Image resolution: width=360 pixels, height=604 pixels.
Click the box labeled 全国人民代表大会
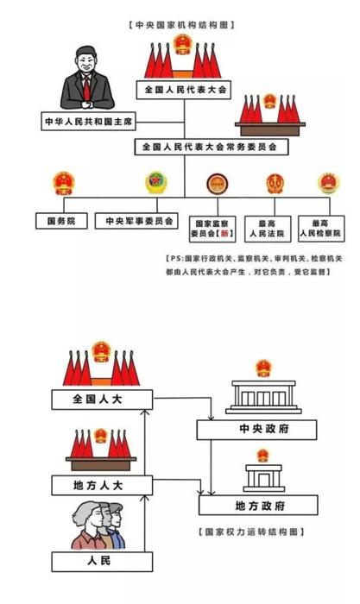(x=184, y=90)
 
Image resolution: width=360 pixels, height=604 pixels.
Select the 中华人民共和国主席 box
(x=89, y=122)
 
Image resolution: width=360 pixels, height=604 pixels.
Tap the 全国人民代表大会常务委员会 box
(x=212, y=147)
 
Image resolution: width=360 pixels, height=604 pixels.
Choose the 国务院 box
(x=61, y=221)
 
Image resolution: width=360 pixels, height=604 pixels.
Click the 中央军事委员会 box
(x=136, y=221)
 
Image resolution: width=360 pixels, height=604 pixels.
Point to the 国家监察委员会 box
(x=212, y=229)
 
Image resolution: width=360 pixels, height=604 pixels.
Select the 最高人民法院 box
(x=268, y=229)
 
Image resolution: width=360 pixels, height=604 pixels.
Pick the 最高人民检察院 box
(x=321, y=229)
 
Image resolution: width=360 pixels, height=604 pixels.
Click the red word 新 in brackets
(x=224, y=234)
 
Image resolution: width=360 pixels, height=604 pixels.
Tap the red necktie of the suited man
(x=87, y=89)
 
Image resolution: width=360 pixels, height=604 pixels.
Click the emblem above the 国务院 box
(x=64, y=183)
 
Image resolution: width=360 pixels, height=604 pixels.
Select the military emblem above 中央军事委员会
(x=156, y=183)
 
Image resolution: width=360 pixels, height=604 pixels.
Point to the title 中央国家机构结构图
(x=181, y=25)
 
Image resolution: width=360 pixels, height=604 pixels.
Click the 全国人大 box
(x=102, y=400)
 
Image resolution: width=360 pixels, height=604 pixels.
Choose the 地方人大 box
(x=102, y=485)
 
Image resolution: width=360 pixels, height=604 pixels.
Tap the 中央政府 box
(x=256, y=430)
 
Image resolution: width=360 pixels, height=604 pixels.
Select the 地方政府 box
(x=258, y=506)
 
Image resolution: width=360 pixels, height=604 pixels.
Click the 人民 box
(x=102, y=562)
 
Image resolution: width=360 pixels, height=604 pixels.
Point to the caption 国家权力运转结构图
(x=251, y=532)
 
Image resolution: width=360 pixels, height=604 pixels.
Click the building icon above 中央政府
(x=263, y=397)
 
